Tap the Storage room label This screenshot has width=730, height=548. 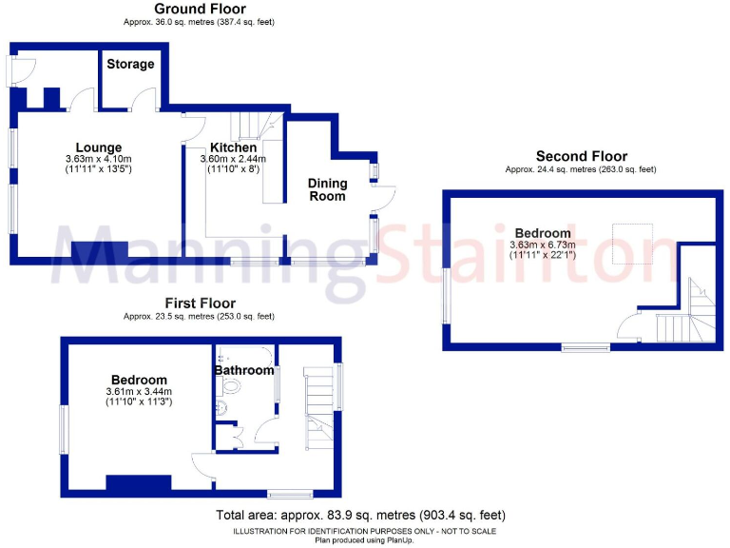click(130, 65)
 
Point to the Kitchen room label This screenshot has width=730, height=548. click(233, 147)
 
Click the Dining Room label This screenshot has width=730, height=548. click(327, 189)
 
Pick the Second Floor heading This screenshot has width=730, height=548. click(581, 157)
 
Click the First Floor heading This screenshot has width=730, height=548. click(199, 304)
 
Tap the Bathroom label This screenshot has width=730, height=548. click(243, 369)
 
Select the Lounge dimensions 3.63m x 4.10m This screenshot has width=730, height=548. click(98, 159)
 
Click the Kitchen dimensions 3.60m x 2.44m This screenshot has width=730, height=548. click(233, 159)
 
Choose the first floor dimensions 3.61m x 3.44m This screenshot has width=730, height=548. click(138, 391)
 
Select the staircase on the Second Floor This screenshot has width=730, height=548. click(685, 314)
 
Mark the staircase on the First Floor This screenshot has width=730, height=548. click(321, 401)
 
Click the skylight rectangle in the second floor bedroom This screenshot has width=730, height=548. click(633, 244)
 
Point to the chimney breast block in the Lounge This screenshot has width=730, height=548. click(100, 250)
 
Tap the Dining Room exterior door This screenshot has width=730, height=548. click(382, 198)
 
